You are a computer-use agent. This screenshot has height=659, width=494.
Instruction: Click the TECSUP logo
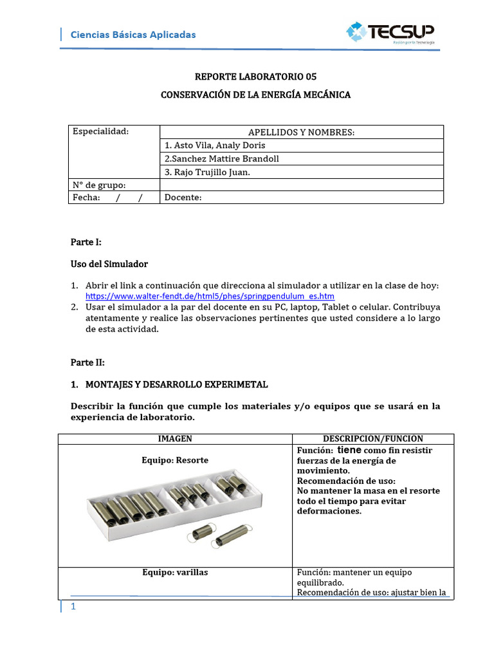(x=390, y=32)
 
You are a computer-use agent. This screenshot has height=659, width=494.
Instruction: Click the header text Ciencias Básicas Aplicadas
(x=133, y=35)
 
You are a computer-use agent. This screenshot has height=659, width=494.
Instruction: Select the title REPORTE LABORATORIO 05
(x=255, y=77)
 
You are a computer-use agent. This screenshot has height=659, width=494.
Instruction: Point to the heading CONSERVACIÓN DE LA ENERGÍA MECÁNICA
(x=255, y=95)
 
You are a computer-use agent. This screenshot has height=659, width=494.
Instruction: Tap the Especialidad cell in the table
(x=101, y=132)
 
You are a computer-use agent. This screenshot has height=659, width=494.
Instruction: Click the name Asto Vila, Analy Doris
(x=215, y=145)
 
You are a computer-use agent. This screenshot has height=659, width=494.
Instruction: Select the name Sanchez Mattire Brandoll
(x=222, y=158)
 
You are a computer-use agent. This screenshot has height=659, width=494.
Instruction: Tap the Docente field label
(x=183, y=198)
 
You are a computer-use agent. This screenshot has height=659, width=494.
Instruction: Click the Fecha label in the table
(x=86, y=198)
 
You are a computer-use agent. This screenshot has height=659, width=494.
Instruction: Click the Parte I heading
(x=86, y=243)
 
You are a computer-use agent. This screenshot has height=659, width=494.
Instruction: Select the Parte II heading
(x=87, y=362)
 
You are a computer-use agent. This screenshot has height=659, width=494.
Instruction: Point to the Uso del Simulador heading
(x=109, y=265)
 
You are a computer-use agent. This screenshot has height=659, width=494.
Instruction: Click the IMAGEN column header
(x=175, y=439)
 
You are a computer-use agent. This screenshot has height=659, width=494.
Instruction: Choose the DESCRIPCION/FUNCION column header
(x=373, y=439)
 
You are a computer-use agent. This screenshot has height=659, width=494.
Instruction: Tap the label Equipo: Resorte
(x=175, y=460)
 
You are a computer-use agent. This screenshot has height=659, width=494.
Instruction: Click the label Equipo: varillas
(x=175, y=572)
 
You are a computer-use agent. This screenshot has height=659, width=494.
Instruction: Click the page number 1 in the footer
(x=73, y=607)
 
